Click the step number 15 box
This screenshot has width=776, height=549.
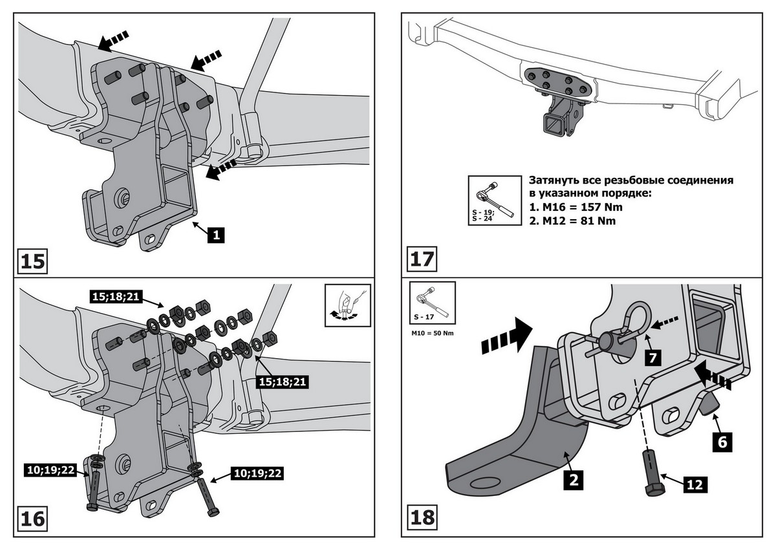pyautogui.click(x=33, y=261)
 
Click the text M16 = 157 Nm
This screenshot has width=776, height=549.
pyautogui.click(x=577, y=208)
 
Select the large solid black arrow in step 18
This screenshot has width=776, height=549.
pyautogui.click(x=506, y=338)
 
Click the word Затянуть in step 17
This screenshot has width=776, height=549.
pyautogui.click(x=555, y=180)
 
